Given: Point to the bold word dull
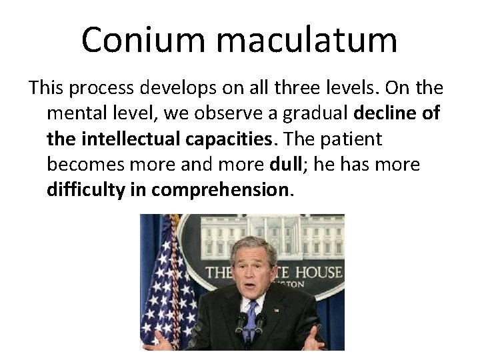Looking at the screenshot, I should [287, 164].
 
